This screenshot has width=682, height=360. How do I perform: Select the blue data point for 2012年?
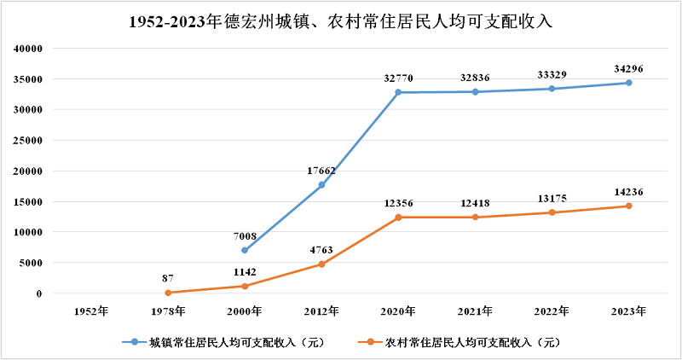[321, 185]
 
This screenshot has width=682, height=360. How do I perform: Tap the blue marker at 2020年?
[398, 92]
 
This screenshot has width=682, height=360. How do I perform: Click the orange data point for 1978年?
[168, 293]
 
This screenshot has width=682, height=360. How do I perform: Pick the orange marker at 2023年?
[629, 206]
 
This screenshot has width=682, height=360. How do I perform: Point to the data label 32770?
[398, 78]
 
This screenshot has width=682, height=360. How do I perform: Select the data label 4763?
[321, 250]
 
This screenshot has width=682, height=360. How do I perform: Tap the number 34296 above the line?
[629, 68]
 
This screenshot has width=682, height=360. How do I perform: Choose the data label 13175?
[552, 199]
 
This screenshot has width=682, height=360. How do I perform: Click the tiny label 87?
[168, 279]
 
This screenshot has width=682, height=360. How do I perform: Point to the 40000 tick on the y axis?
[29, 49]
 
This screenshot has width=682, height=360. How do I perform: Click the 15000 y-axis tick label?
[29, 201]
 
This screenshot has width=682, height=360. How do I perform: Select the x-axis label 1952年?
[91, 311]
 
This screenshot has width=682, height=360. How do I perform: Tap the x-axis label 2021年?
[475, 311]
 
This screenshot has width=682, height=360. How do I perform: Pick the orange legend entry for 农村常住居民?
[460, 343]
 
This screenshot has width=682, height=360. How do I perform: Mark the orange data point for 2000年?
[245, 287]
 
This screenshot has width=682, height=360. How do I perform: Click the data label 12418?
[475, 203]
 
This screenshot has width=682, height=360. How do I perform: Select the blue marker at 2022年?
[552, 89]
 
